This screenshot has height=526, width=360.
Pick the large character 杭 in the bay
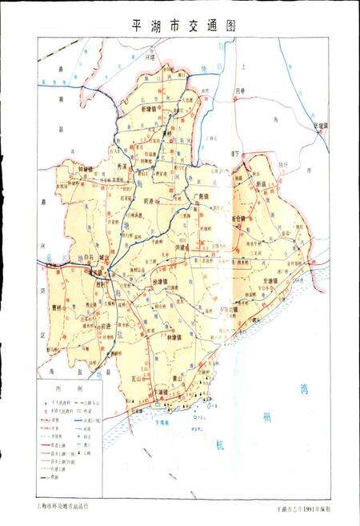tap(218, 444)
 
